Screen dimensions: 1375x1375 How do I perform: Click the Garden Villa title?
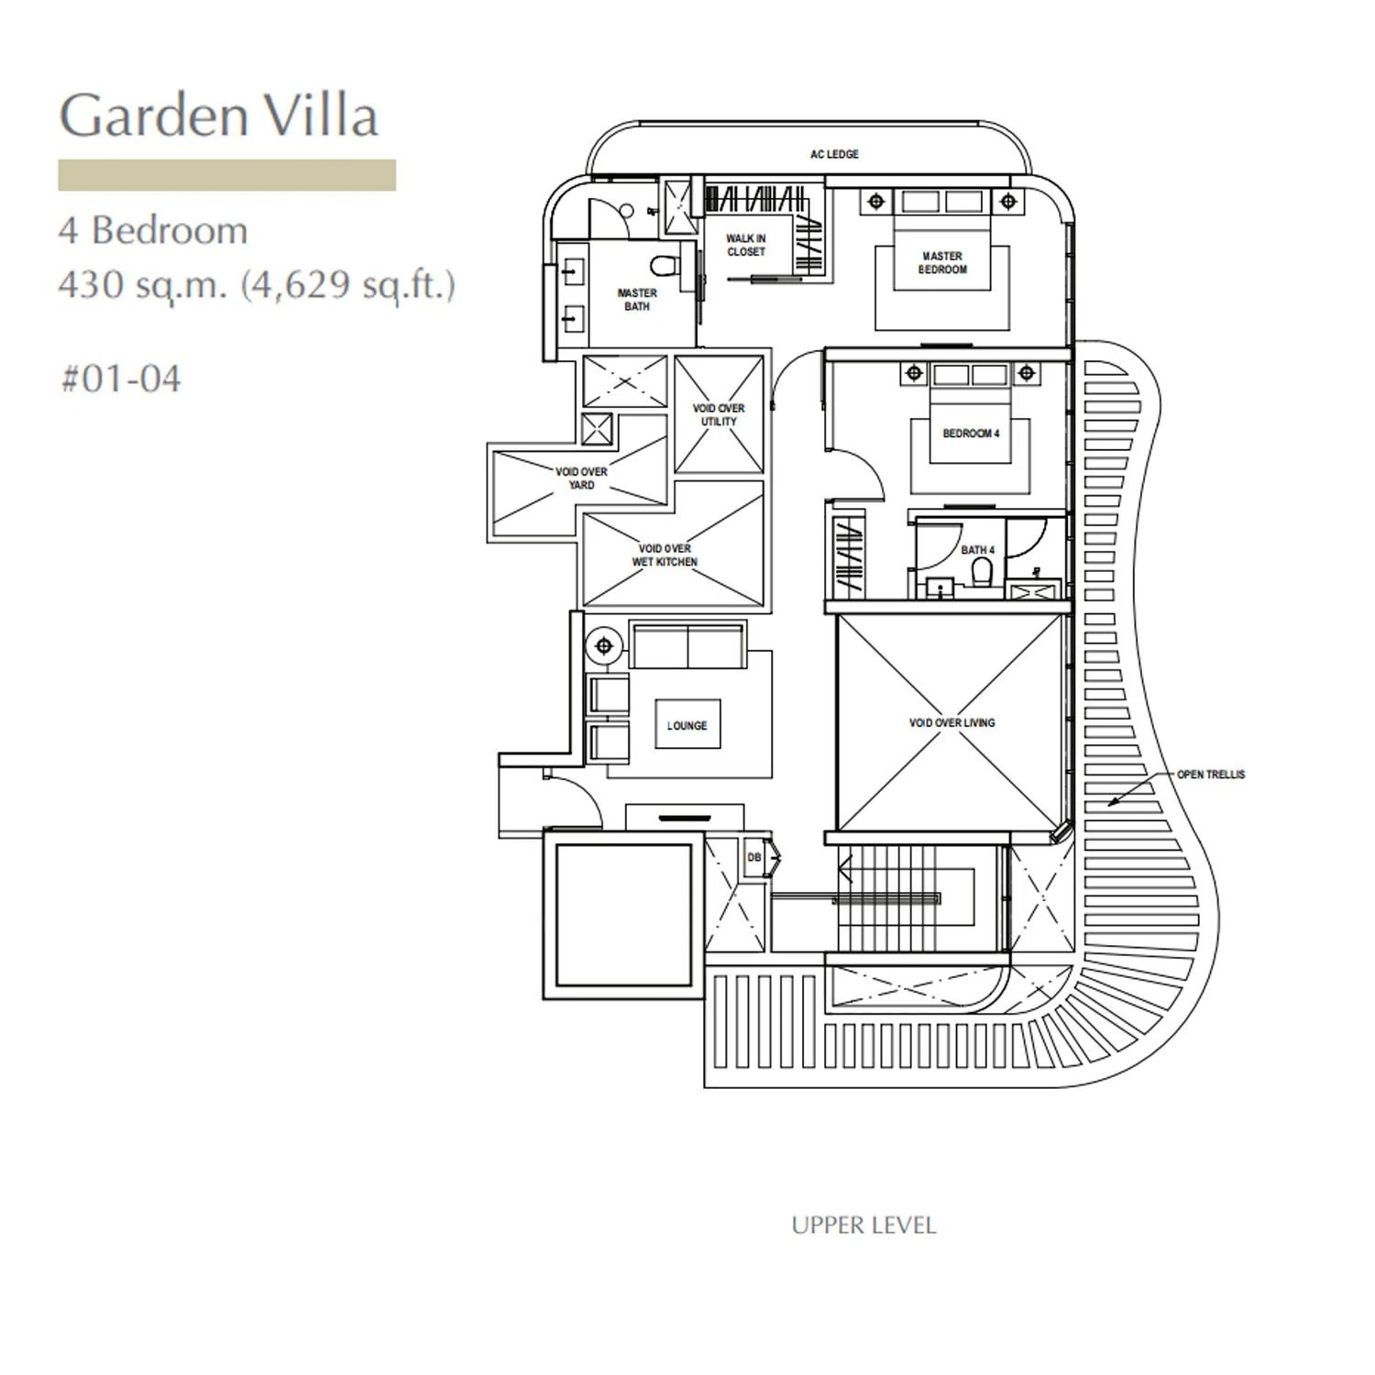point(219,115)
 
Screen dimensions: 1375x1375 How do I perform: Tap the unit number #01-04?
point(121,379)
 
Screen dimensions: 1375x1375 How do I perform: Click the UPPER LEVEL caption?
point(863,1226)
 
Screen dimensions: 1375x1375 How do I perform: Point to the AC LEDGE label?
point(834,155)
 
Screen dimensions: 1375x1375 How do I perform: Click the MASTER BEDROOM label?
point(942,263)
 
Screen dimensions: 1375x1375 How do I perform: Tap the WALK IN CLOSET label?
point(745,245)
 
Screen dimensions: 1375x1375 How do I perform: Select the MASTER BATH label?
point(637,300)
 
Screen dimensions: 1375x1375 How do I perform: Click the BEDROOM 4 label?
point(971,434)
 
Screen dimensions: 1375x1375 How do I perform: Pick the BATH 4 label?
point(977,550)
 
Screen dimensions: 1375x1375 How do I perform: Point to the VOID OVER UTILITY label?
point(719,415)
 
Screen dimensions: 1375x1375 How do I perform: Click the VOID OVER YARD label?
point(581,478)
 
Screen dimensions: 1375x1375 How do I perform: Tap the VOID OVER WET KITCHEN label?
point(665,555)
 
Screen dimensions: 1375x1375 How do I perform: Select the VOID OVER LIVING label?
point(951,723)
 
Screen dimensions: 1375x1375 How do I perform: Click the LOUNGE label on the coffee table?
point(687,726)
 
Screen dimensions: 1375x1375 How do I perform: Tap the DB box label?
point(754,858)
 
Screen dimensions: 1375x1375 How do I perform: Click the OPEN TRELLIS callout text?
point(1211,775)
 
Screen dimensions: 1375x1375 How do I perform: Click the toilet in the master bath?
point(662,265)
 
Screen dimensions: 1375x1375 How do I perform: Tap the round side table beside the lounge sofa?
point(604,646)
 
